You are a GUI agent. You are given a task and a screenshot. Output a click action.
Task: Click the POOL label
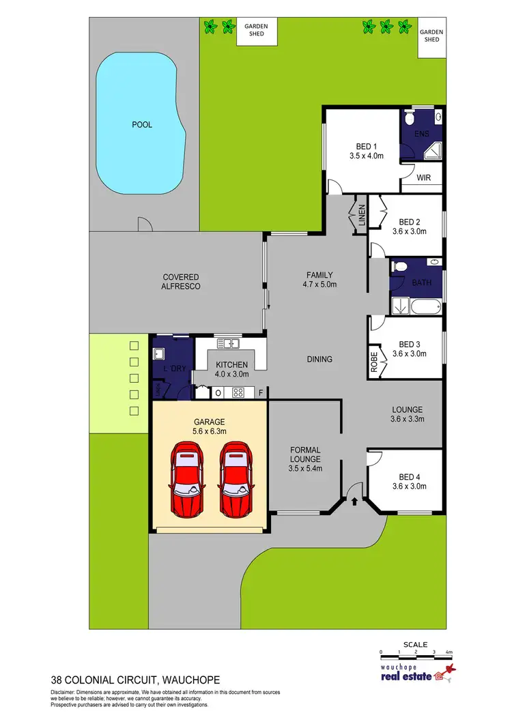[x=142, y=125]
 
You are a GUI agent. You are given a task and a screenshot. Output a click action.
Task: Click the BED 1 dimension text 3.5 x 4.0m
[x=366, y=156]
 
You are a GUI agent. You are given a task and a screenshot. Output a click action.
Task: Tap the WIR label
[x=423, y=177]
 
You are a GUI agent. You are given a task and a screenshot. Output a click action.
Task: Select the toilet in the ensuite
[x=408, y=119]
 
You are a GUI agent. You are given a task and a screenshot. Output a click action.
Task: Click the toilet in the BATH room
[x=401, y=266]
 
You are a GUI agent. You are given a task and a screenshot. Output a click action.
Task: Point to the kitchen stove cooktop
[x=239, y=392]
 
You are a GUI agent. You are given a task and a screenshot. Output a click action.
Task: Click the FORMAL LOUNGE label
[x=305, y=454]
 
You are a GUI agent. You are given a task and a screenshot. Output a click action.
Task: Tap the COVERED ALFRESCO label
[x=181, y=282]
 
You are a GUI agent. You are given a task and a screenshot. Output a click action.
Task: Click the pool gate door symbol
[x=144, y=225]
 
